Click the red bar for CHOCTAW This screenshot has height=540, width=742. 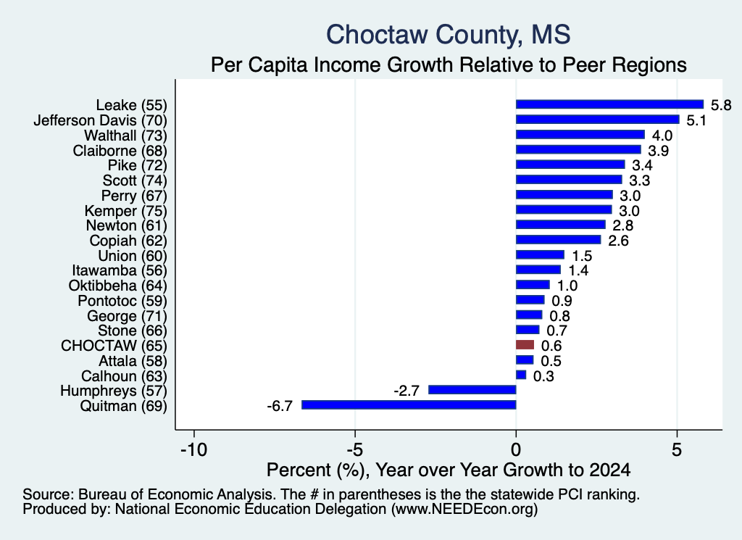click(x=525, y=344)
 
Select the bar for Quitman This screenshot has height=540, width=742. click(x=409, y=404)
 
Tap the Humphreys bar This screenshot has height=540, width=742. click(x=472, y=389)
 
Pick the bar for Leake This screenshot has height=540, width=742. click(x=609, y=104)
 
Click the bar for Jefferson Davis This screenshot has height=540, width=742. click(x=598, y=120)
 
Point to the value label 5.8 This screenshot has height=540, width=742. click(x=721, y=105)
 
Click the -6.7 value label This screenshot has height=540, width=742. click(x=280, y=406)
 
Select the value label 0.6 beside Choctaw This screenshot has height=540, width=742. click(x=551, y=346)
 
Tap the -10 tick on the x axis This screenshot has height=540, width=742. click(x=194, y=449)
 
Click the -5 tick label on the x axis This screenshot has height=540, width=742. click(x=355, y=449)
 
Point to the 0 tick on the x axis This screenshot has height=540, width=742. click(x=516, y=449)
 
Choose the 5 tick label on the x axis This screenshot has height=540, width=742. click(x=678, y=449)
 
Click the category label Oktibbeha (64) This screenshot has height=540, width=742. click(x=118, y=286)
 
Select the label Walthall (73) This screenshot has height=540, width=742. click(x=126, y=136)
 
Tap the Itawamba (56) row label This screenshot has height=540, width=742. click(x=120, y=270)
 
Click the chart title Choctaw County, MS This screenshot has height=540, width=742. click(x=448, y=35)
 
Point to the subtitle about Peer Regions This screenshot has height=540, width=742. click(x=449, y=65)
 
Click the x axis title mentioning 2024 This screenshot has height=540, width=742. click(x=449, y=470)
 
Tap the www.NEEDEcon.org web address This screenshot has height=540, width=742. click(x=464, y=510)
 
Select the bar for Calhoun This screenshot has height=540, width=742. click(x=521, y=375)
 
